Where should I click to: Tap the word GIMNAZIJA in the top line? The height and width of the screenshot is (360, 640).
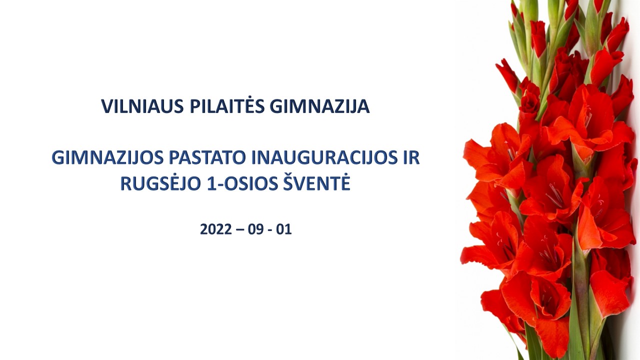[x=319, y=106]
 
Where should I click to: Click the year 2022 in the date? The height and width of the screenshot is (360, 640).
[x=216, y=229]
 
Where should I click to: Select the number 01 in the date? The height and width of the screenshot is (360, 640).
[x=283, y=229]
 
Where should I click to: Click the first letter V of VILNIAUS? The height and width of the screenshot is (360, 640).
[x=107, y=106]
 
